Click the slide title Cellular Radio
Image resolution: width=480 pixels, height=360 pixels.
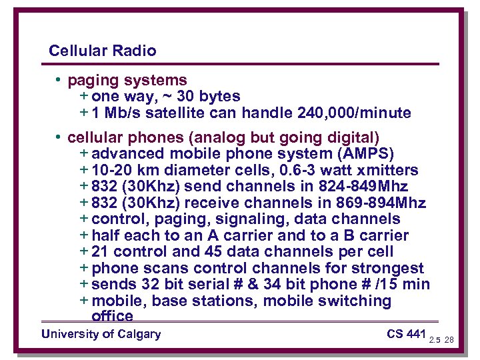click(x=103, y=51)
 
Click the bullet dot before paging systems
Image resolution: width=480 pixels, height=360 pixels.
click(x=59, y=81)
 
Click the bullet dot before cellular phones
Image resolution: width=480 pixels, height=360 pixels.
click(x=59, y=138)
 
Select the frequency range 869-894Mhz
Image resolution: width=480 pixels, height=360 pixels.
click(x=375, y=203)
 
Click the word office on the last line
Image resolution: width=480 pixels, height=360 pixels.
click(x=112, y=316)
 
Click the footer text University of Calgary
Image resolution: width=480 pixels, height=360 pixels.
click(x=101, y=334)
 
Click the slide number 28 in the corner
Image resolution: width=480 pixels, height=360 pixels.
click(x=449, y=339)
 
